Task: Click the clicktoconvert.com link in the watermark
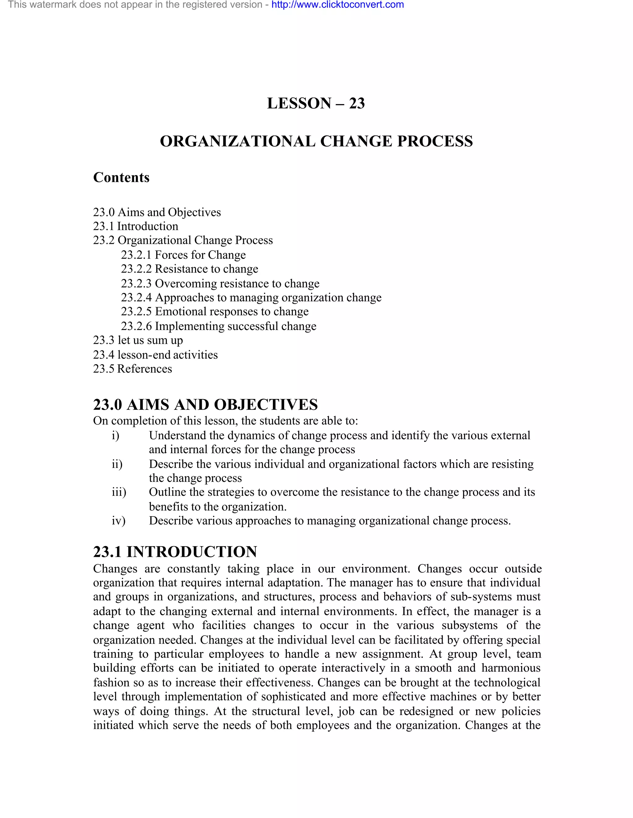(x=338, y=5)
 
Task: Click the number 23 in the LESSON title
(x=357, y=103)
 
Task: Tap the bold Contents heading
(x=121, y=177)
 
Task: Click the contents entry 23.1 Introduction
(x=135, y=226)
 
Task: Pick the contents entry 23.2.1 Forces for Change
(x=183, y=255)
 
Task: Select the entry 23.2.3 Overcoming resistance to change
(x=220, y=284)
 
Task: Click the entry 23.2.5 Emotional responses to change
(x=215, y=312)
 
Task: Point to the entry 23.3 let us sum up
(x=138, y=340)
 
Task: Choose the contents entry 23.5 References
(x=132, y=369)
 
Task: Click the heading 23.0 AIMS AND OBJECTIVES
(x=205, y=404)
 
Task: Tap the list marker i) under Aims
(x=116, y=436)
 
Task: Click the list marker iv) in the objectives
(x=118, y=521)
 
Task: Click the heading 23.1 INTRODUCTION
(x=175, y=552)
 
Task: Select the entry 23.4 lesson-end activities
(x=155, y=354)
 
